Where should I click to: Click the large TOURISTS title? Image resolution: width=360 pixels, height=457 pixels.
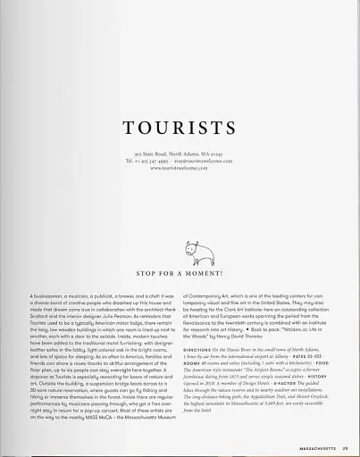click(x=180, y=129)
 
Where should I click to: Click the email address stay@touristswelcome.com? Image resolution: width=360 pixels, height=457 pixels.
click(x=204, y=161)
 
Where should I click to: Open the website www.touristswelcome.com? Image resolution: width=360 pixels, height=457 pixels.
click(x=180, y=167)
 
